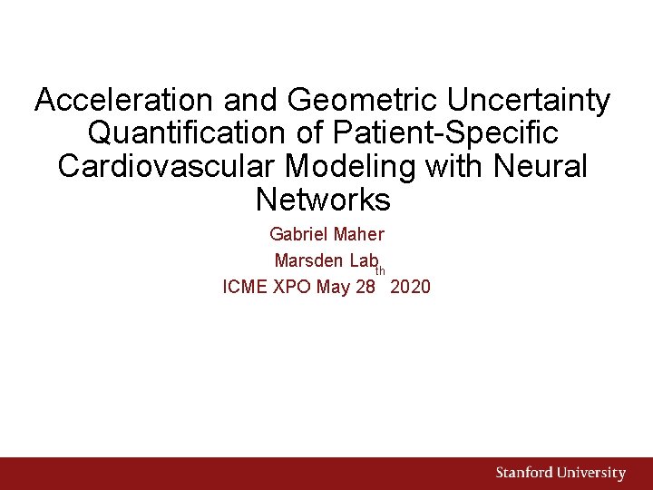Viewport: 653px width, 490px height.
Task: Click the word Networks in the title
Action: pyautogui.click(x=323, y=199)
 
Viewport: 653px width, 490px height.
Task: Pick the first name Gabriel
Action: pyautogui.click(x=299, y=235)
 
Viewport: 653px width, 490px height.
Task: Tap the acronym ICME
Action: pyautogui.click(x=244, y=288)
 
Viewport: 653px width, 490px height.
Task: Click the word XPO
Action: pyautogui.click(x=292, y=288)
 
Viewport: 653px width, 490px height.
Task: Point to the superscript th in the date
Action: pyautogui.click(x=381, y=270)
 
